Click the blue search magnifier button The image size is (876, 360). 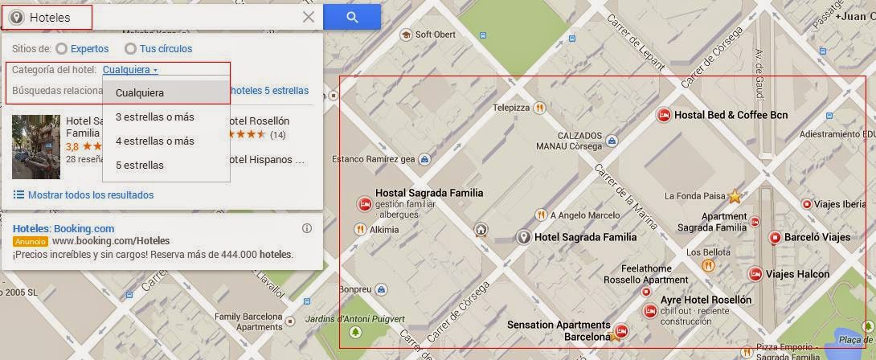click(x=352, y=17)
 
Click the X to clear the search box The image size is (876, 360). click(x=309, y=17)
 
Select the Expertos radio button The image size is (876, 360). click(x=61, y=49)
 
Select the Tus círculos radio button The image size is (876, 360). click(x=130, y=49)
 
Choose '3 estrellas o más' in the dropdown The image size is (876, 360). click(x=155, y=117)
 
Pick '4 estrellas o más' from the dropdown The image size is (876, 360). click(x=155, y=141)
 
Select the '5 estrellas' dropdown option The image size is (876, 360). click(x=140, y=166)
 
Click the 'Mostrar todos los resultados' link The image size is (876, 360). click(x=91, y=195)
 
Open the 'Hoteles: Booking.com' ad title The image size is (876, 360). click(x=63, y=228)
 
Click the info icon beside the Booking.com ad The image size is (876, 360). click(x=306, y=228)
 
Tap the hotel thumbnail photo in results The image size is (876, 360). click(x=35, y=146)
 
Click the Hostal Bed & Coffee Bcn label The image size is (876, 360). click(x=731, y=116)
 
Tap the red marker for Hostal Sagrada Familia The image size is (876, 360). click(x=363, y=202)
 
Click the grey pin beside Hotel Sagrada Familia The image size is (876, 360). click(x=523, y=237)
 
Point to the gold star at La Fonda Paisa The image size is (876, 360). click(x=734, y=195)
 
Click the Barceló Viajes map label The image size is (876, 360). click(x=817, y=238)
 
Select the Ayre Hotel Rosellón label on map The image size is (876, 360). click(x=705, y=300)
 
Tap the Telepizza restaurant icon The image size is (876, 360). click(x=540, y=107)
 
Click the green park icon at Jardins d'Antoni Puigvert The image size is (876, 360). click(x=355, y=332)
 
